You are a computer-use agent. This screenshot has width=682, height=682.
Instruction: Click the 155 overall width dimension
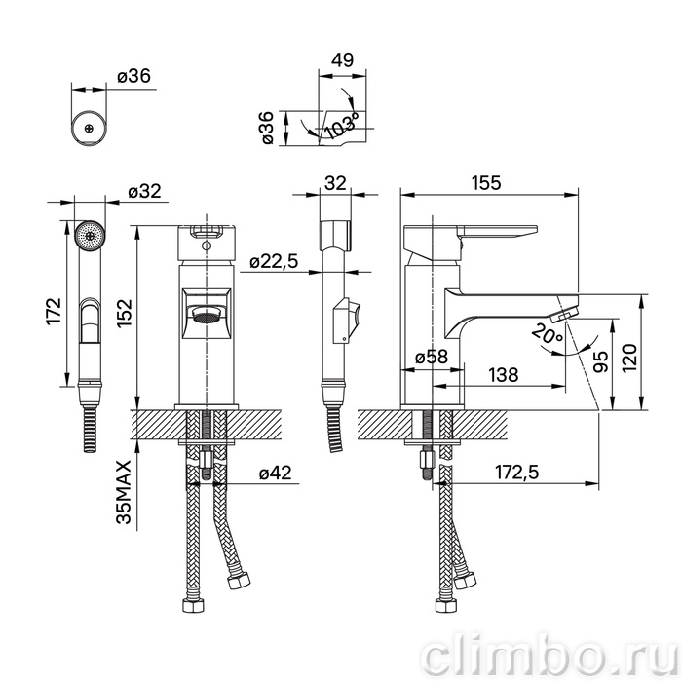point(486,183)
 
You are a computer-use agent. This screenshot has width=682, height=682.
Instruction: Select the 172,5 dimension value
point(516,472)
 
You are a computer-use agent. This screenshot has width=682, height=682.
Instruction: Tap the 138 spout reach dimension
point(504,374)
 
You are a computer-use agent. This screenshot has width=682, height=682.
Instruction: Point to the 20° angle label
point(548,334)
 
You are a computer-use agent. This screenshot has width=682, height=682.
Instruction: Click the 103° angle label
point(342,126)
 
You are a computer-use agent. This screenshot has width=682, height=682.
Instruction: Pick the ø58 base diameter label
point(432,357)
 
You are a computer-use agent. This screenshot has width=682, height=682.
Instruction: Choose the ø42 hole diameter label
point(276,473)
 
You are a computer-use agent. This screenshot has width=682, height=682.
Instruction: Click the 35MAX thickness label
point(124,492)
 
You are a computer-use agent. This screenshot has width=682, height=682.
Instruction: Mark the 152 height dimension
point(124,314)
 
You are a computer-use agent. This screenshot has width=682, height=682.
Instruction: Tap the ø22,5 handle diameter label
point(274,261)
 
